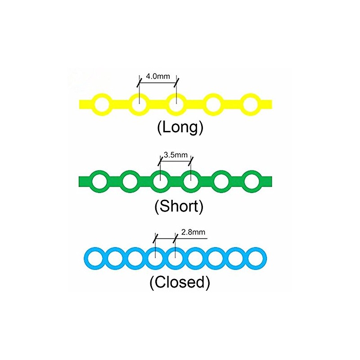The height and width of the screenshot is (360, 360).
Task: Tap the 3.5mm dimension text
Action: click(x=175, y=155)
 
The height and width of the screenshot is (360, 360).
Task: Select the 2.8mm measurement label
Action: click(x=193, y=232)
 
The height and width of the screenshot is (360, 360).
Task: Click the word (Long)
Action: click(x=180, y=127)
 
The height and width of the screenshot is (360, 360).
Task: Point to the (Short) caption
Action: click(x=179, y=206)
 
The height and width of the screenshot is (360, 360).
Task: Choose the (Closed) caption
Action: click(x=180, y=282)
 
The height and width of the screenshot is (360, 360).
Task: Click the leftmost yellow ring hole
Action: click(x=102, y=104)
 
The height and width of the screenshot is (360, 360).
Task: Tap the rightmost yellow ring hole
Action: click(x=250, y=104)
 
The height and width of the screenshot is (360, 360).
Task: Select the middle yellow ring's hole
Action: click(x=176, y=104)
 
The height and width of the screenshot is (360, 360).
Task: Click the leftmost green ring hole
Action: click(x=99, y=181)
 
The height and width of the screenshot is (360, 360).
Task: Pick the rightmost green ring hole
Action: click(x=252, y=181)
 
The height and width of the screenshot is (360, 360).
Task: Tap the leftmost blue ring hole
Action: click(x=95, y=258)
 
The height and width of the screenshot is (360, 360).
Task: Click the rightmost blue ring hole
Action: click(x=256, y=258)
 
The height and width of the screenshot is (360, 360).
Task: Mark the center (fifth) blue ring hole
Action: click(x=175, y=258)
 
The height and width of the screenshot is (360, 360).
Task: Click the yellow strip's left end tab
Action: click(x=85, y=104)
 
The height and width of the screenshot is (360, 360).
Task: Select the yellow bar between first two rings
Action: click(x=121, y=104)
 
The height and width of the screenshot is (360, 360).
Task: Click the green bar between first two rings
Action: click(x=115, y=181)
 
